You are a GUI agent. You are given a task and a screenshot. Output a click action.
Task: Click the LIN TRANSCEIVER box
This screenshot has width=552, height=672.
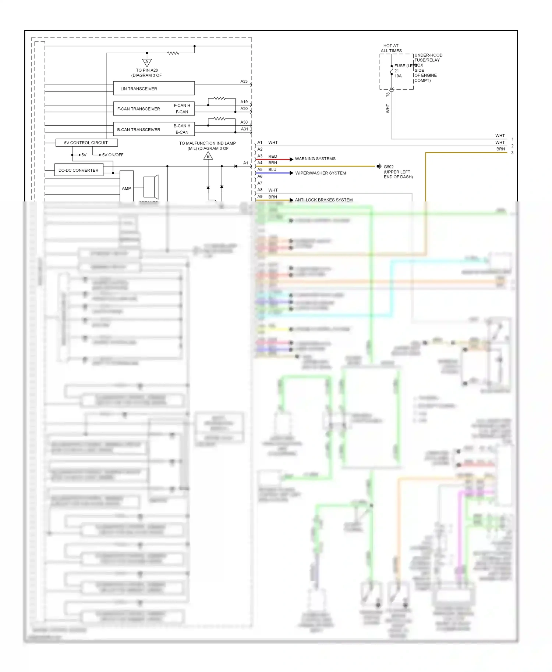click(x=154, y=89)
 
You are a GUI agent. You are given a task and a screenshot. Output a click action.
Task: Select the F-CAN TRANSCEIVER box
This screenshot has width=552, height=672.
click(x=154, y=109)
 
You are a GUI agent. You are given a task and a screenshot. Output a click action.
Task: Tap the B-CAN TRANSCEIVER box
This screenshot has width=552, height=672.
click(x=154, y=129)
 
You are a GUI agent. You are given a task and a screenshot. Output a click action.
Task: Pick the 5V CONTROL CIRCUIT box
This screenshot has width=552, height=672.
click(x=86, y=143)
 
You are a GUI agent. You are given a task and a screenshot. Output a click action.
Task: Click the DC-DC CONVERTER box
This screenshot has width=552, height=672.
click(x=78, y=170)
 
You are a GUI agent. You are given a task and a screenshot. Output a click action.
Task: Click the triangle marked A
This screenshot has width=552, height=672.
click(x=147, y=62)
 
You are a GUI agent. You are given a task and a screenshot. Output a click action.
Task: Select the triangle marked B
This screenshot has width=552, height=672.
click(x=208, y=157)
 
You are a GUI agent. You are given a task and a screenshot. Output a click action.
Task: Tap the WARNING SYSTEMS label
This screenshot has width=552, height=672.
click(x=315, y=159)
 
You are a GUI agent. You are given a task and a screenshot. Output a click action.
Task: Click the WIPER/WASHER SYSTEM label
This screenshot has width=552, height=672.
click(x=321, y=173)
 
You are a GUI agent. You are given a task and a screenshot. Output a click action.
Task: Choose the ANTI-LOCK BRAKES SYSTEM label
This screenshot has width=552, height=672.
click(x=323, y=200)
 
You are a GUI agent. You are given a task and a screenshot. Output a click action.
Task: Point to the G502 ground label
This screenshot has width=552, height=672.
click(x=389, y=167)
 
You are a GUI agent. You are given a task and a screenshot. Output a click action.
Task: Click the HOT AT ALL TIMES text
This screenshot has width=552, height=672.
click(x=391, y=49)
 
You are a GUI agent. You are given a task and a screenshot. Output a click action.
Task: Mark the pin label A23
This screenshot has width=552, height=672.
click(x=244, y=82)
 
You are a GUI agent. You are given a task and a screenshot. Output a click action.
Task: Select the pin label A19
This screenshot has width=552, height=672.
click(x=244, y=102)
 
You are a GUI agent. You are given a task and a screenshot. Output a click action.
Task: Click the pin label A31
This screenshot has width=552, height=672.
click(x=244, y=129)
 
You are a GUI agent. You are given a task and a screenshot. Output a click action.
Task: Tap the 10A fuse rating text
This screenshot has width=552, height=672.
click(x=398, y=76)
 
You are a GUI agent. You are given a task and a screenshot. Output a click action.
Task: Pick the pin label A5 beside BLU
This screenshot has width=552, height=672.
click(x=260, y=170)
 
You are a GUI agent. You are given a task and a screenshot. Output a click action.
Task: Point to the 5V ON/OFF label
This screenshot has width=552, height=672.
click(x=113, y=155)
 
